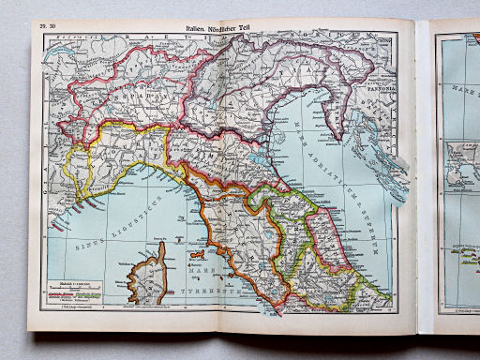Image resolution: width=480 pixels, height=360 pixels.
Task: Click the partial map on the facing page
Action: pos(457,169)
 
